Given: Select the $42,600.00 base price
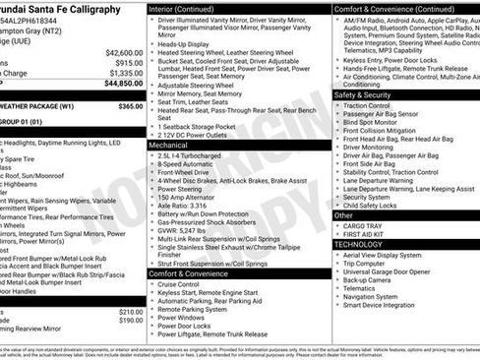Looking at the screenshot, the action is (121, 52).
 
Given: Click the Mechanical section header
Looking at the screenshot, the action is (168, 144).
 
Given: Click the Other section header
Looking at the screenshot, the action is (344, 214).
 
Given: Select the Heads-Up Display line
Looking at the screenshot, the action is (187, 44).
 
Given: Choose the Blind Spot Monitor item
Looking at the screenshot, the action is (375, 122).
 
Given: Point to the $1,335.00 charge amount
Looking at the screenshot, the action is (122, 73).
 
